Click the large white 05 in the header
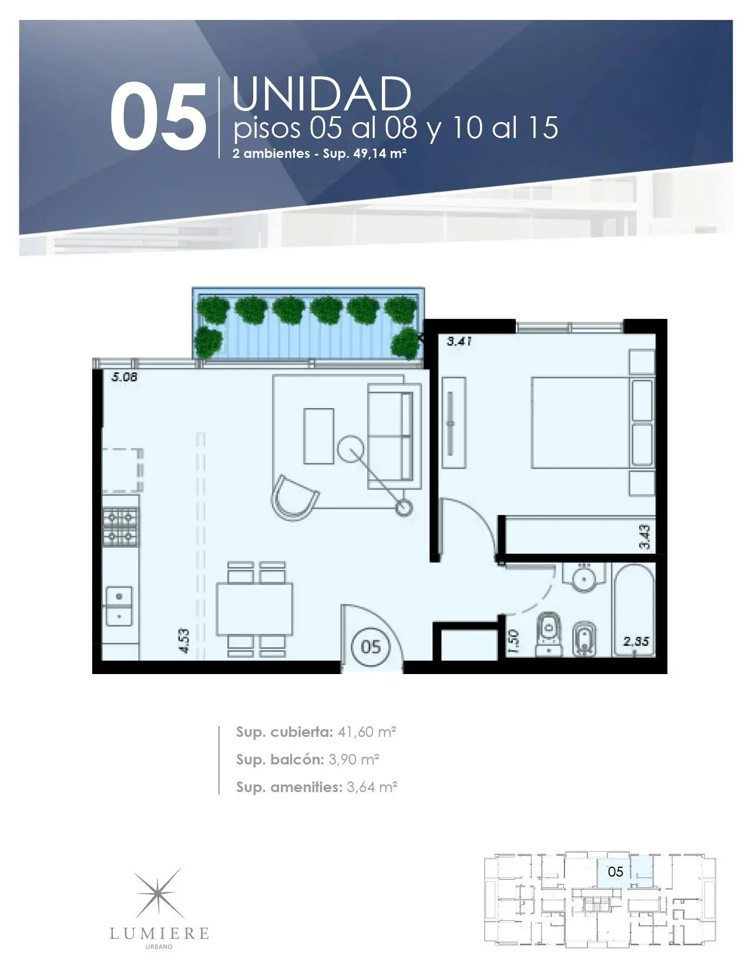(158, 116)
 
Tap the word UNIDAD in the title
(321, 94)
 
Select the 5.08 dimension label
(125, 377)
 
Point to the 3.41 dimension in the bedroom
(459, 341)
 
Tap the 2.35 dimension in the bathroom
(636, 641)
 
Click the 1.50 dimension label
(513, 642)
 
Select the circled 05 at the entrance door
(371, 647)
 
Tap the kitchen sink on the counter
(119, 606)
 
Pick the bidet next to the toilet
(585, 639)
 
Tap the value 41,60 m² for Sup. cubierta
(367, 732)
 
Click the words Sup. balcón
(280, 760)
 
